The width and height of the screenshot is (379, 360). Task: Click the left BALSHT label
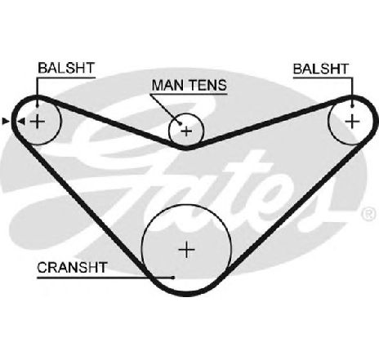click(66, 68)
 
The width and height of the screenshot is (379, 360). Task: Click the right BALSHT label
click(321, 69)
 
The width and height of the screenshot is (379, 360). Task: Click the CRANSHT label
click(72, 268)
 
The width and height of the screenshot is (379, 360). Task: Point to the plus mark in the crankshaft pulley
click(187, 250)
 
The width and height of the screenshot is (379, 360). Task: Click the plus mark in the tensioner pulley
click(186, 131)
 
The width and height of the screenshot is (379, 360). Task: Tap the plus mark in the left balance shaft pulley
click(38, 122)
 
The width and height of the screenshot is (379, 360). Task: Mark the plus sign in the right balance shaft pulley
click(352, 122)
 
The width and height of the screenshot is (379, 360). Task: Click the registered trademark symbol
click(369, 214)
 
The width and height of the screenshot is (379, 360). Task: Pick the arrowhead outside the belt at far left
click(6, 121)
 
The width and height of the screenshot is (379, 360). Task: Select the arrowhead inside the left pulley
click(21, 122)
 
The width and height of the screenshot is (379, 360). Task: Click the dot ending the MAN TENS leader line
click(180, 124)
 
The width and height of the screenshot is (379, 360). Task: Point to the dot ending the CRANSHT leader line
click(173, 278)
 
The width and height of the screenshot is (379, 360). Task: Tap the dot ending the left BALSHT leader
click(38, 105)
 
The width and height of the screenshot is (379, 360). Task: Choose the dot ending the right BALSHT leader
click(353, 105)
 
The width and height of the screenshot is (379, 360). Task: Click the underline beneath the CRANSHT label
click(105, 278)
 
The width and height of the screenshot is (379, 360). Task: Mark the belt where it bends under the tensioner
click(186, 148)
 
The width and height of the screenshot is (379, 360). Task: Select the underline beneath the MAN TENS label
click(189, 95)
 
